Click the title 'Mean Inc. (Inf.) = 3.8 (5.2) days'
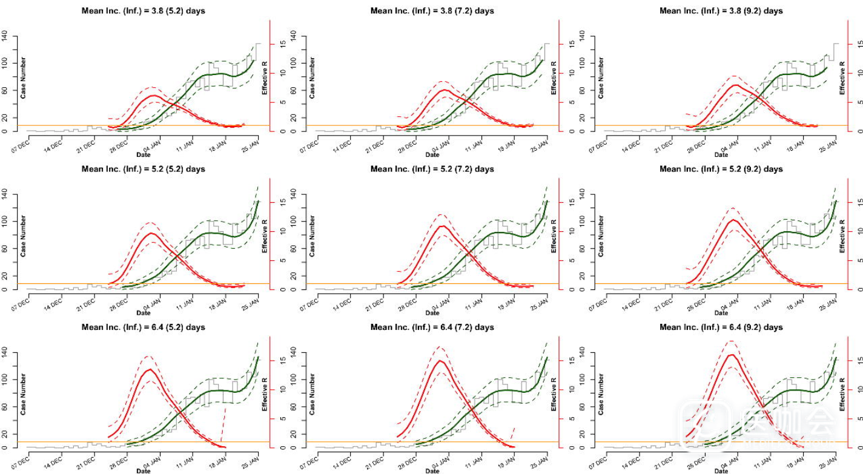coord(143,11)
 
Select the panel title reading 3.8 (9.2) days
coord(721,11)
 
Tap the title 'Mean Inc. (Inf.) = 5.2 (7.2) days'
coord(432,169)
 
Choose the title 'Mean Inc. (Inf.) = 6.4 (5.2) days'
coord(143,328)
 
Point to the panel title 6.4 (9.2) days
coord(721,328)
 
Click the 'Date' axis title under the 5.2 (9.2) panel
coord(721,313)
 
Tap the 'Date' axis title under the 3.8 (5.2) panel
coord(143,155)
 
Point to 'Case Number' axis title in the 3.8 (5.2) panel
coord(24,78)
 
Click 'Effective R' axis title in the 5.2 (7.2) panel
coord(553,236)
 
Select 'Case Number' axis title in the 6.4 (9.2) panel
coord(601,394)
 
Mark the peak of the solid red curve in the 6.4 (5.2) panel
coord(148,369)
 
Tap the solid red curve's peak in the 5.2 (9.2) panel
coord(733,220)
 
